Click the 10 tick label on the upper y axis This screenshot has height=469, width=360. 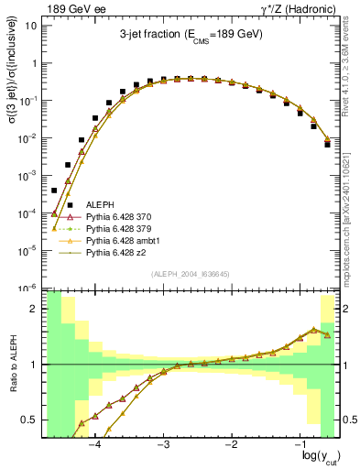coord(31,26)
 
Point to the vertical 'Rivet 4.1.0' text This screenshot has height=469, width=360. coord(352,64)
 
